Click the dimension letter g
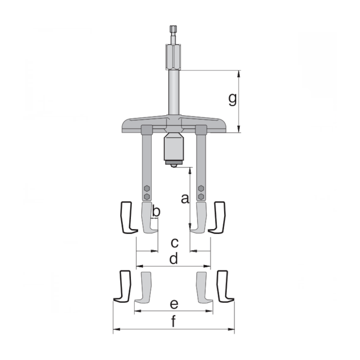click(233, 99)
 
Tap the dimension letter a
click(186, 199)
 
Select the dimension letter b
click(156, 211)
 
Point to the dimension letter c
click(174, 242)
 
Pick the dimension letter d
click(174, 259)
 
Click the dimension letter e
click(174, 304)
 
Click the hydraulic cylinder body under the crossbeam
click(173, 147)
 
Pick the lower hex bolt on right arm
click(200, 196)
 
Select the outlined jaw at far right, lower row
click(224, 286)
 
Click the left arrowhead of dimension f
click(115, 331)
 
